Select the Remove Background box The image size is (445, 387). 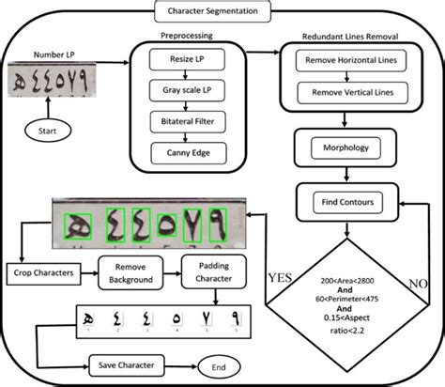click(x=141, y=272)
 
